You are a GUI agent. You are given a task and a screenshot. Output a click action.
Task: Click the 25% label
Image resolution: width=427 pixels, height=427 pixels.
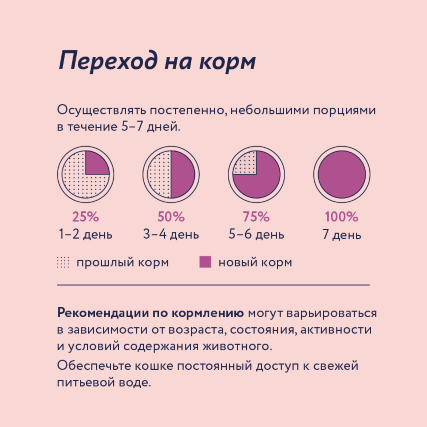(85, 217)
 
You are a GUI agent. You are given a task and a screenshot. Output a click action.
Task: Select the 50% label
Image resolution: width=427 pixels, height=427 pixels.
(171, 217)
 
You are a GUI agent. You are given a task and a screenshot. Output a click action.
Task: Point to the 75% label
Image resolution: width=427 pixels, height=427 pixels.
(256, 217)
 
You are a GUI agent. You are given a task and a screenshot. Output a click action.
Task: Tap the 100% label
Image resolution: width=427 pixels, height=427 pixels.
(341, 217)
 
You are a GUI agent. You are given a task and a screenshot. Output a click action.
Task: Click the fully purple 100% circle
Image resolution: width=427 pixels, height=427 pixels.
(342, 175)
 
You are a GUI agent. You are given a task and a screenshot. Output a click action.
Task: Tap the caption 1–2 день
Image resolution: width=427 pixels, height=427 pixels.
(85, 234)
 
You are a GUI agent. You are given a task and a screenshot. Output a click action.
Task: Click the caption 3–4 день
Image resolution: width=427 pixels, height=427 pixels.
(171, 234)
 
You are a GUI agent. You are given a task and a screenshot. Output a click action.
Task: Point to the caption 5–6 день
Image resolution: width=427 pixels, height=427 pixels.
(256, 234)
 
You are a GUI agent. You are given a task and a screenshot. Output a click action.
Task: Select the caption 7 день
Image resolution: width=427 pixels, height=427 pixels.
(341, 234)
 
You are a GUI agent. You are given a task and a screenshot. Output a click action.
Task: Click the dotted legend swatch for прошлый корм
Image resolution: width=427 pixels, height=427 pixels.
(63, 262)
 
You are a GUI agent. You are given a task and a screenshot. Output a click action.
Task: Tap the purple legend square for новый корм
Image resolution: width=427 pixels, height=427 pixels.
(205, 262)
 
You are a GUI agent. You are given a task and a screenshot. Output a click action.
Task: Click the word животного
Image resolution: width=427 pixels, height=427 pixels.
(237, 346)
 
